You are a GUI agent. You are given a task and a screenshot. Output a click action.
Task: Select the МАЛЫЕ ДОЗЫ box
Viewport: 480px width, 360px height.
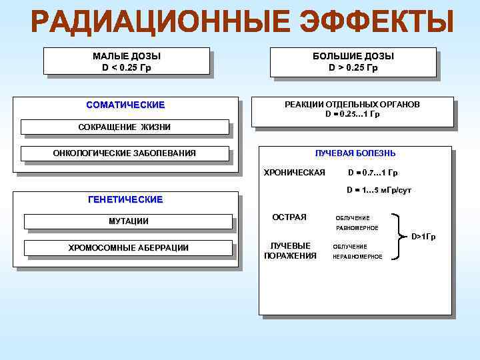click(x=127, y=61)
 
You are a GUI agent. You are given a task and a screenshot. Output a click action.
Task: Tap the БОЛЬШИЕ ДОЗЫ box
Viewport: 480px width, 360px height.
click(x=353, y=61)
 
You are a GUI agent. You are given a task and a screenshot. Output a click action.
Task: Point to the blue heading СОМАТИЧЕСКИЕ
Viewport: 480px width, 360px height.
click(x=125, y=105)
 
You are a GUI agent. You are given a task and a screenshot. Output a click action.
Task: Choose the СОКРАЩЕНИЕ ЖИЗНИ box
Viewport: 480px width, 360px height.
click(x=125, y=127)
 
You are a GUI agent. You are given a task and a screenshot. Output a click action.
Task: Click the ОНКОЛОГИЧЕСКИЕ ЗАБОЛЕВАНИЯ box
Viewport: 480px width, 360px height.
click(x=125, y=153)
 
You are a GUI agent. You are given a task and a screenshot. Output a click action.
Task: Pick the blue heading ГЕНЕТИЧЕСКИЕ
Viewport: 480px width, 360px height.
click(x=125, y=199)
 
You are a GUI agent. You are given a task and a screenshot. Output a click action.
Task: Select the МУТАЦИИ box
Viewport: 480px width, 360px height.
click(x=128, y=221)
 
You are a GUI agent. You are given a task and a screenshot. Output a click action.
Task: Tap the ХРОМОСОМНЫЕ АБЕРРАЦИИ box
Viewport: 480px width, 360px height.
click(x=128, y=248)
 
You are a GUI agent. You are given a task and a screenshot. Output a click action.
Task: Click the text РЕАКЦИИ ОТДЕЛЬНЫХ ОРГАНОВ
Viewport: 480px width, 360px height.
click(x=352, y=105)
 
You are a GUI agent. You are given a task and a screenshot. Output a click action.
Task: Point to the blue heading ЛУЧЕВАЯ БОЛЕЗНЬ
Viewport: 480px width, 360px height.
click(x=355, y=153)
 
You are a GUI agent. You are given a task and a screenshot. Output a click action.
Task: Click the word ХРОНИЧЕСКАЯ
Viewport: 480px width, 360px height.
click(x=295, y=173)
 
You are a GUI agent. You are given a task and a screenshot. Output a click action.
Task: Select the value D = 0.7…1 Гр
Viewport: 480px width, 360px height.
click(x=373, y=173)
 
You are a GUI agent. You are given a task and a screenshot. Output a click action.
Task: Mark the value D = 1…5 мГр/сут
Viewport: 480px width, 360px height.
click(x=379, y=191)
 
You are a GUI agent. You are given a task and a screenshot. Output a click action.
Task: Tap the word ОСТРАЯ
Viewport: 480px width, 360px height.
click(x=290, y=217)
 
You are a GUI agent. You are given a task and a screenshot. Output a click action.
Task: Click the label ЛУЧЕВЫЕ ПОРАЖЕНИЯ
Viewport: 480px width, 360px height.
click(x=290, y=251)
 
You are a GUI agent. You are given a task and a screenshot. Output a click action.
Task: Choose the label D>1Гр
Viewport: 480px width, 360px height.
click(x=423, y=237)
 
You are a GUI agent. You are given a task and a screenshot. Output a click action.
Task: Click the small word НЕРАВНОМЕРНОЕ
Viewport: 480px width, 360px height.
click(x=357, y=257)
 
